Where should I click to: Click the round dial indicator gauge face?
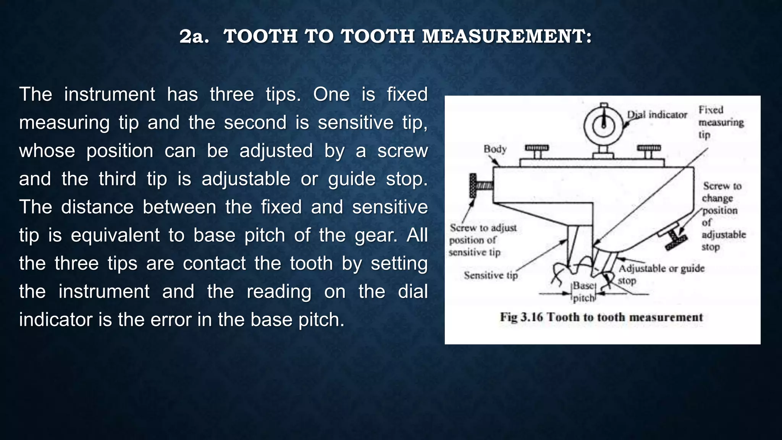(604, 125)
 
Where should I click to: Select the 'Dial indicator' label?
(657, 115)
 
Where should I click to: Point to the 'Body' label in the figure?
(495, 149)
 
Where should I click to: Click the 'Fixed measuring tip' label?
(721, 122)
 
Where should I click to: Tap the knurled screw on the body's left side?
(474, 186)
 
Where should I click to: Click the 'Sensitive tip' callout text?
(491, 275)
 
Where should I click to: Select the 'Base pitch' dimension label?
(583, 291)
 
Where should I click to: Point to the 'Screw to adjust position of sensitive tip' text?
(482, 240)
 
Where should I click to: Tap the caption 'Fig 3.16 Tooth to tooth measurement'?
(601, 317)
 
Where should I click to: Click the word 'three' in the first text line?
(231, 94)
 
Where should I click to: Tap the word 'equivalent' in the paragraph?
(115, 235)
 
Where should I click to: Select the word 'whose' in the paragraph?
(47, 150)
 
